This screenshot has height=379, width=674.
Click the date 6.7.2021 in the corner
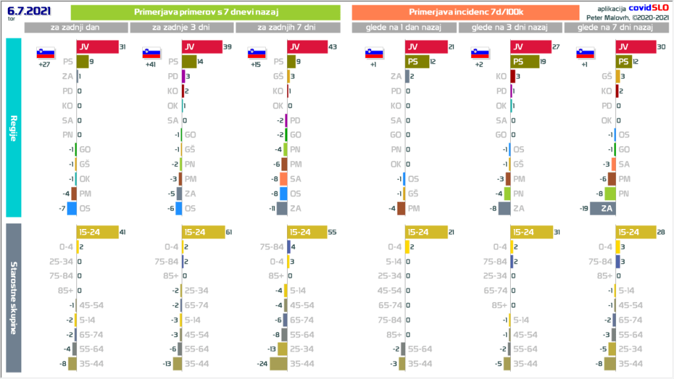pos(25,11)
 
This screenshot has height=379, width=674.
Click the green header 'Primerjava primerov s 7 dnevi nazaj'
pos(205,12)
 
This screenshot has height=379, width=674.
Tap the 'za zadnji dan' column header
pos(76,28)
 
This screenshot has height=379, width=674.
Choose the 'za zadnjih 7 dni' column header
pos(287,28)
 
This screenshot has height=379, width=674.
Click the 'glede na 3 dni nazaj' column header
pos(510,28)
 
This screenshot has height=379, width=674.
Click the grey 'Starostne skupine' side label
pos(13,297)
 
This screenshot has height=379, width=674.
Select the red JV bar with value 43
pos(307,47)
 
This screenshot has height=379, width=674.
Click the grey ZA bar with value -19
pos(603,209)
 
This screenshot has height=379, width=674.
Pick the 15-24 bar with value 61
pos(203,232)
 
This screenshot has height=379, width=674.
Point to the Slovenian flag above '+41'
pos(151,53)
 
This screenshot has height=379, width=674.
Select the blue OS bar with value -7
pos(72,209)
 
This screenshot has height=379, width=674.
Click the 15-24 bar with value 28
pos(636,232)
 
